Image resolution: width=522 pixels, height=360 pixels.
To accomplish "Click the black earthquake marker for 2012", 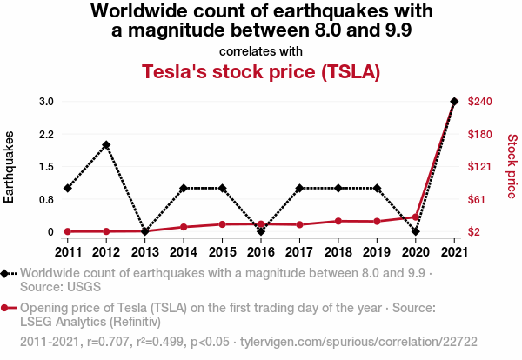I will (x=106, y=145).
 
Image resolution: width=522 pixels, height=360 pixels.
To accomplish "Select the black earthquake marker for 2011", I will (x=67, y=188).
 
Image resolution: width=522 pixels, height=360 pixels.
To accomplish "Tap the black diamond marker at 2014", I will (x=184, y=188).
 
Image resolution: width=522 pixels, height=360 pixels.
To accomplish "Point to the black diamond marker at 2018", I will (x=338, y=188).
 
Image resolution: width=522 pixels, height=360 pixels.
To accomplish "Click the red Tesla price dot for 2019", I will (x=377, y=221).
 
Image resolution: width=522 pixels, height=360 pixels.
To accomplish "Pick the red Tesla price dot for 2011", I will (x=67, y=231).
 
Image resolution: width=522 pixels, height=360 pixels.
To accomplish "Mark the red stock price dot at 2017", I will (x=299, y=224).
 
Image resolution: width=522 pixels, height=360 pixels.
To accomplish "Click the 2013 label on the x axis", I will (x=144, y=252).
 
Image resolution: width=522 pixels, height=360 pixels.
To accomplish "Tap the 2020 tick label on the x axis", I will (x=415, y=252).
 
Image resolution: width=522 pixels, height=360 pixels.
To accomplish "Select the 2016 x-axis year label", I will (x=261, y=252).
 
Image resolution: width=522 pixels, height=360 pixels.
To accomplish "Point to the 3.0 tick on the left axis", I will (x=46, y=102).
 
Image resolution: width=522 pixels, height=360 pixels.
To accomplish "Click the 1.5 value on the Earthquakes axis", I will (x=46, y=167).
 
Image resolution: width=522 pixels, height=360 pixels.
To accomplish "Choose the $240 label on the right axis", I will (x=480, y=102).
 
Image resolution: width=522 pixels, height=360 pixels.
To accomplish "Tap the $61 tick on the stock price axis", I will (x=478, y=199).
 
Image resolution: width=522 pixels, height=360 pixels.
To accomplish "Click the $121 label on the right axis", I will (x=480, y=167).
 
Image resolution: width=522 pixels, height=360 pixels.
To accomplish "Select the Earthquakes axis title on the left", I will (x=10, y=167).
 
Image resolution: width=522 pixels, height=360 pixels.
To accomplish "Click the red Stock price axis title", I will (x=512, y=165).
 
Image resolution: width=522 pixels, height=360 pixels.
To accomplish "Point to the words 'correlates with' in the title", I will (x=261, y=51).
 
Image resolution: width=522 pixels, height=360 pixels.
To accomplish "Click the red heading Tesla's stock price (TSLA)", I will (x=261, y=71).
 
